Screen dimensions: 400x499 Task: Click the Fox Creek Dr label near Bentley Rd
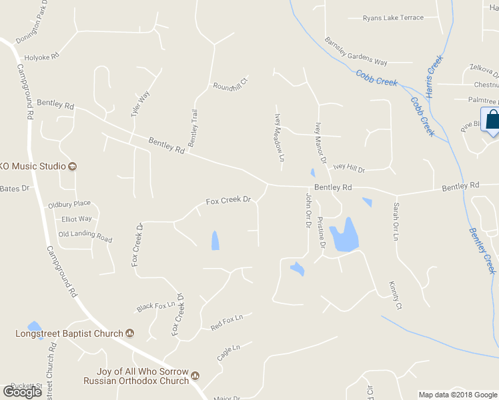click(x=228, y=199)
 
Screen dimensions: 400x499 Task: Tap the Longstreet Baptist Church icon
click(x=130, y=333)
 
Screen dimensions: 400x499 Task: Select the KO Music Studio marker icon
click(x=73, y=166)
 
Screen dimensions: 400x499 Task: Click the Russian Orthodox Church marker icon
click(x=195, y=376)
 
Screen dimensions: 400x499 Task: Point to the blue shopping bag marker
click(x=492, y=120)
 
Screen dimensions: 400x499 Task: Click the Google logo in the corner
click(x=23, y=392)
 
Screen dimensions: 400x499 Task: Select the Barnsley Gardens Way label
click(x=356, y=52)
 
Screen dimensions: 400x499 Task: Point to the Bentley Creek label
click(x=482, y=250)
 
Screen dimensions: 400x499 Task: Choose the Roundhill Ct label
click(x=230, y=84)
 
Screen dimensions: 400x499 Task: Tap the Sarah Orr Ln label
click(x=395, y=221)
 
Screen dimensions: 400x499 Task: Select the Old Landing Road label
click(x=85, y=235)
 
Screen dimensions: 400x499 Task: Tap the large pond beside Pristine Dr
click(x=346, y=235)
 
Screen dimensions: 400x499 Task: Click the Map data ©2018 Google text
click(x=457, y=395)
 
